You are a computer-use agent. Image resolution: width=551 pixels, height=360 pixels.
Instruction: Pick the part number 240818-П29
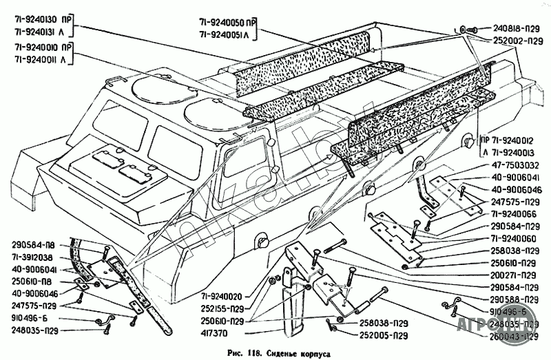[x=516, y=29]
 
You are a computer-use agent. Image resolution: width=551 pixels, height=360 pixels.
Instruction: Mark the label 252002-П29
[x=516, y=41]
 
